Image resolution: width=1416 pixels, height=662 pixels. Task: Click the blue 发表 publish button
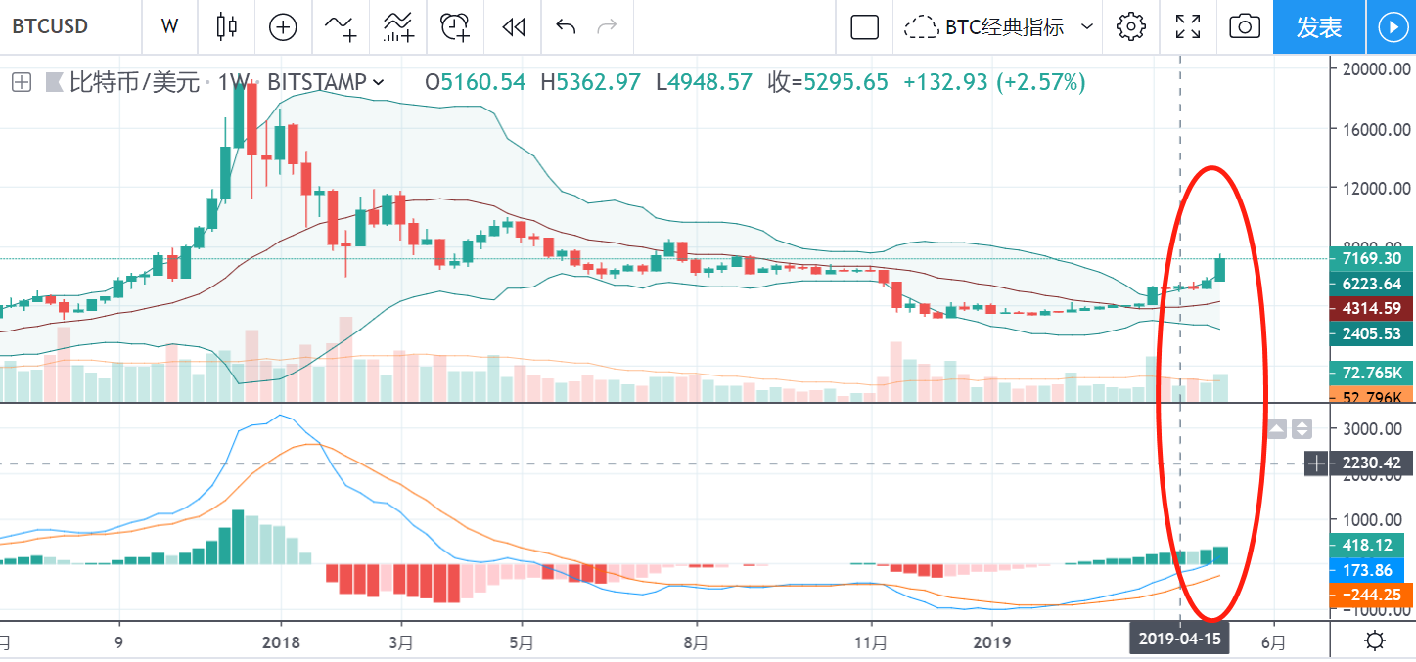1318,27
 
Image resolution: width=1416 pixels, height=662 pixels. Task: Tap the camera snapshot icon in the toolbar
1244,27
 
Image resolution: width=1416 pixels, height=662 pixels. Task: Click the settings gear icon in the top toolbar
1130,27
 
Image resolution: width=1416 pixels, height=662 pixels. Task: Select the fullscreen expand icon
1187,27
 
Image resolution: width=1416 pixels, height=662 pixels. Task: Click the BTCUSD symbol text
50,26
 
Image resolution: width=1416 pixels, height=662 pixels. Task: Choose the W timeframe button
169,27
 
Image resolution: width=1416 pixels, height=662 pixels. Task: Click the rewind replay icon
513,27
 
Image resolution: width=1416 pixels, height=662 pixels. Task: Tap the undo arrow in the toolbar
566,26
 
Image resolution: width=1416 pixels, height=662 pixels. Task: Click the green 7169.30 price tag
1370,259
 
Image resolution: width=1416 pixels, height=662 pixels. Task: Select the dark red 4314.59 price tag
1370,308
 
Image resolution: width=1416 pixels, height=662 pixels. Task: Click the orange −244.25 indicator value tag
1370,594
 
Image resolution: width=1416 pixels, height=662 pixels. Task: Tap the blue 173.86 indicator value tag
1370,569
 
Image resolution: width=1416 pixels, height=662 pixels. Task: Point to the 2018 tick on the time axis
282,643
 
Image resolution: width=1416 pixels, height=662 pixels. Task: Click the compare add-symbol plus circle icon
283,27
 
